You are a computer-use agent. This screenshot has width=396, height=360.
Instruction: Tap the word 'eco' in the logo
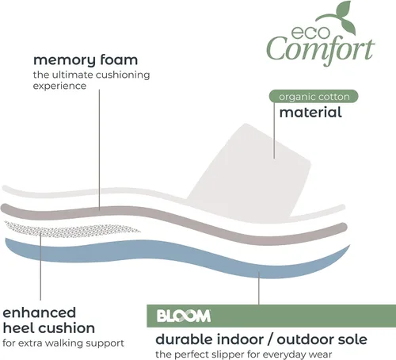coord(310,33)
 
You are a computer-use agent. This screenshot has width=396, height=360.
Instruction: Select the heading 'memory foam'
coord(86,60)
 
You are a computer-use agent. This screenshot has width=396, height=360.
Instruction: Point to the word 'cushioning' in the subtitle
coord(123,75)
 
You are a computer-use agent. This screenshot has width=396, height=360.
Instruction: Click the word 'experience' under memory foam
coord(59,86)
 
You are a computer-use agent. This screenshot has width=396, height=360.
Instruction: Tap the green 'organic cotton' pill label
coord(314,97)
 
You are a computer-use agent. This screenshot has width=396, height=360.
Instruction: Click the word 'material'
coord(310,113)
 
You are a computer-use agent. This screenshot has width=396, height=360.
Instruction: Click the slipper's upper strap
coord(249,172)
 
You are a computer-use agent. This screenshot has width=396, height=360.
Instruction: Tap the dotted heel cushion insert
coord(71,229)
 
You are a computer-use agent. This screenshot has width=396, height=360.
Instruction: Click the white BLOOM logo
coord(184,316)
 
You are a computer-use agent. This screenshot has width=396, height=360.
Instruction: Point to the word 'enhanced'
coord(40,312)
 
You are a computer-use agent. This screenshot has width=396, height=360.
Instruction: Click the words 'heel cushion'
coord(49,328)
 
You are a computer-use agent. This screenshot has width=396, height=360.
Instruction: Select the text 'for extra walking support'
coord(63,343)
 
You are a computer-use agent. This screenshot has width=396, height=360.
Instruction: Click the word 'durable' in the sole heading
coord(183,339)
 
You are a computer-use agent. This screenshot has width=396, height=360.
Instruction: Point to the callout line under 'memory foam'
coord(100,150)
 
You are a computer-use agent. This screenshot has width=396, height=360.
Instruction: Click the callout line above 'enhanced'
coord(40,266)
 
